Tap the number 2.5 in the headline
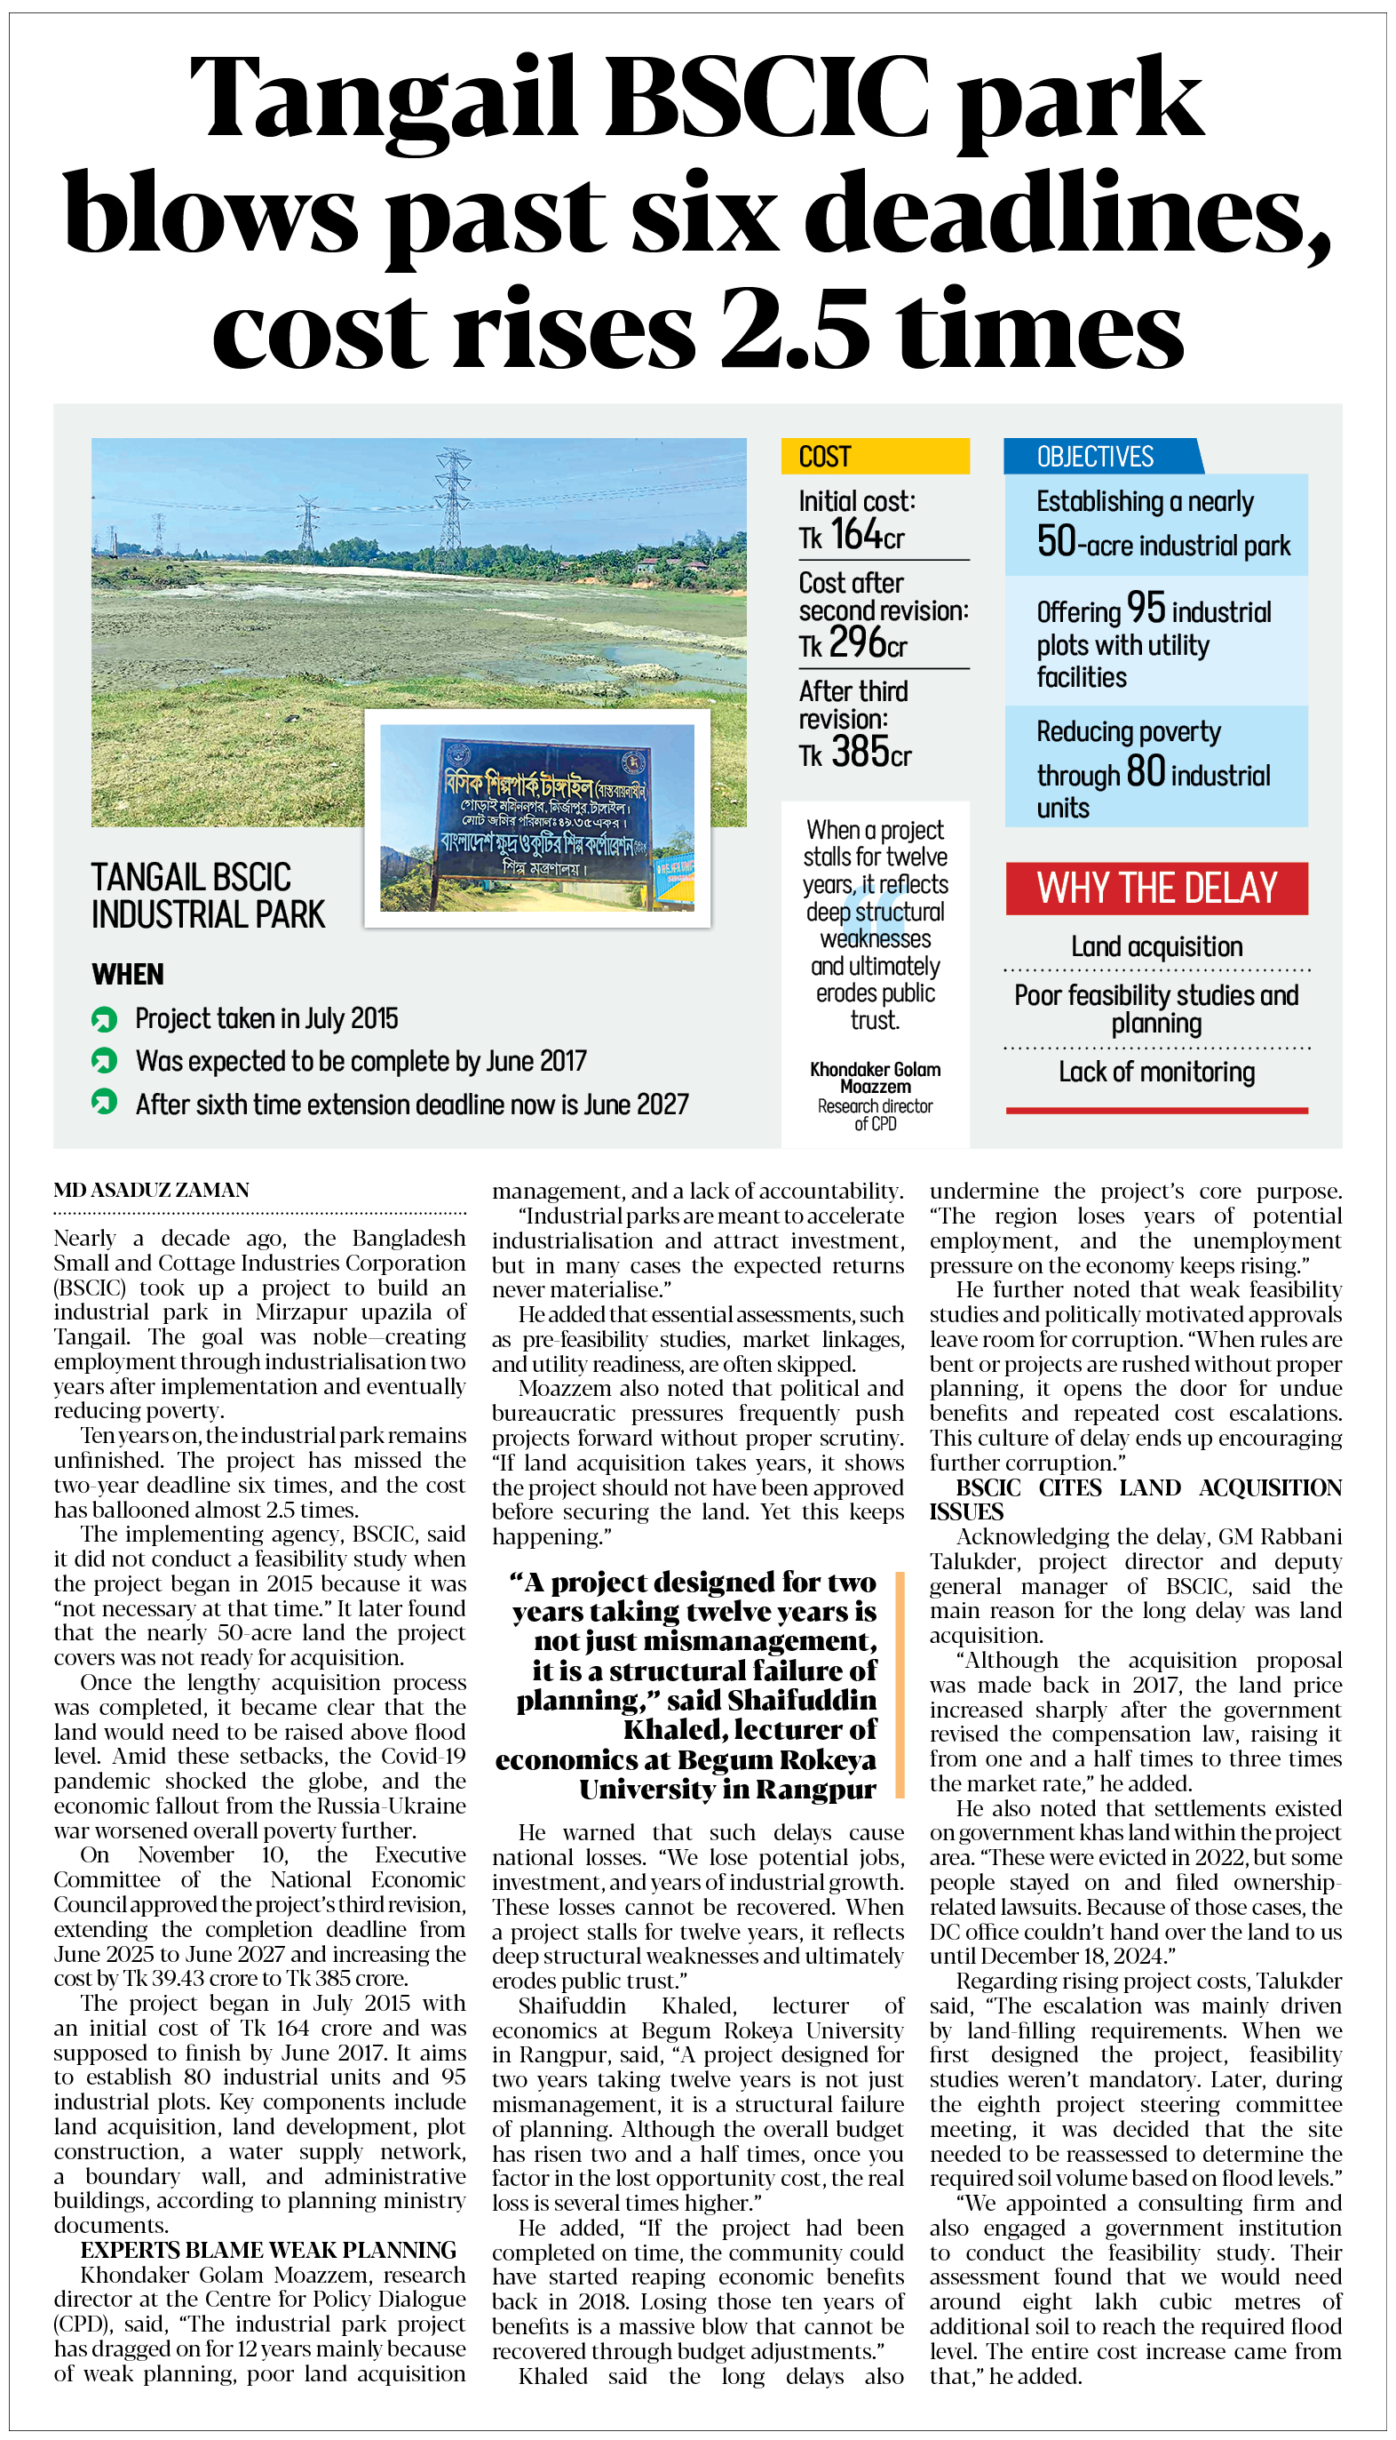coord(795,328)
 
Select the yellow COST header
coord(875,457)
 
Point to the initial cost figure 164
coord(856,534)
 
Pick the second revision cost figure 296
coord(856,642)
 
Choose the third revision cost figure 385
coord(859,752)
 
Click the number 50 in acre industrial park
coord(1057,542)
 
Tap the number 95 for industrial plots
coord(1146,608)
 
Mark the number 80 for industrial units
coord(1146,772)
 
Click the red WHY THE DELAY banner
coord(1156,889)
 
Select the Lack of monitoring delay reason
coord(1156,1072)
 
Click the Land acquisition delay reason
coord(1156,946)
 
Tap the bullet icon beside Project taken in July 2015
coord(104,1019)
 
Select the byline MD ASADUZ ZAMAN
coord(152,1191)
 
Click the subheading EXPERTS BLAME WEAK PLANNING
coord(268,2250)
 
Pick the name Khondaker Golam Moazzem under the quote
coord(876,1078)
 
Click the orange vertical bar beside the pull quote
coord(900,1684)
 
